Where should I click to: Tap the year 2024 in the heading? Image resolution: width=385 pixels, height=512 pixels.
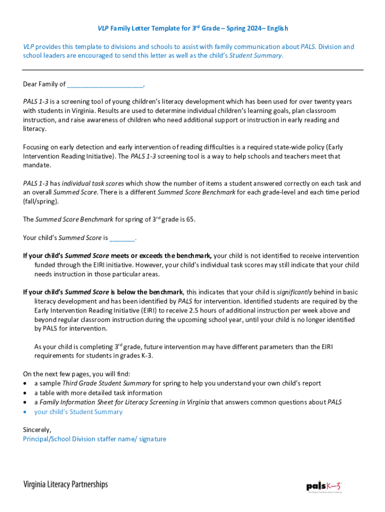254,28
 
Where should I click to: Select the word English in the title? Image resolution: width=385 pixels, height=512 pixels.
277,28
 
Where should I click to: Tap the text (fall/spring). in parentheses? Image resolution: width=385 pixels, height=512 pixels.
40,201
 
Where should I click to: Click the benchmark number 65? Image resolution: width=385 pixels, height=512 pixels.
190,219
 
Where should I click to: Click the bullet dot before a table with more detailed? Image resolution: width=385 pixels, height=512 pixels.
25,393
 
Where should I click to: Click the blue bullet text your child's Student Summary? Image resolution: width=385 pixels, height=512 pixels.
78,411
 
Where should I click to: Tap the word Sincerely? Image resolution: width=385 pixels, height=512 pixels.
37,429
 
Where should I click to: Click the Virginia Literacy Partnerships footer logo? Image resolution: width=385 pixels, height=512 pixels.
65,484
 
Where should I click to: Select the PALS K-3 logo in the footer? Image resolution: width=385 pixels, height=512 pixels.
324,486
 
